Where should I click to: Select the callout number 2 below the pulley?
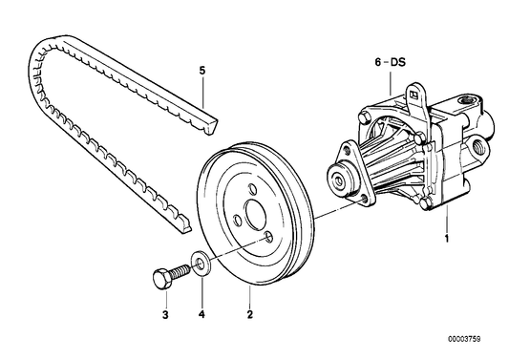pos(249,312)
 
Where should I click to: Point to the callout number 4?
pos(201,312)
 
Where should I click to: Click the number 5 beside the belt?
pos(201,71)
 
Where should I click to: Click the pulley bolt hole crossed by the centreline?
pos(269,238)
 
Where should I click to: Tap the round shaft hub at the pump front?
pos(337,179)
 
